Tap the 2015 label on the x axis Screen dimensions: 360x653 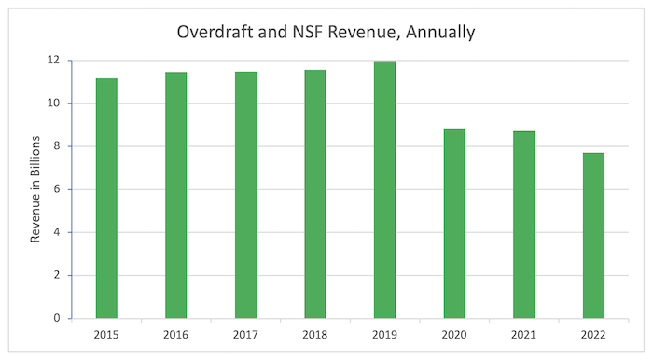106,332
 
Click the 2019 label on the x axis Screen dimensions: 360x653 384,332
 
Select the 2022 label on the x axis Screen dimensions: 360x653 593,332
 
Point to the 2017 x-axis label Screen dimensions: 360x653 245,332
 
